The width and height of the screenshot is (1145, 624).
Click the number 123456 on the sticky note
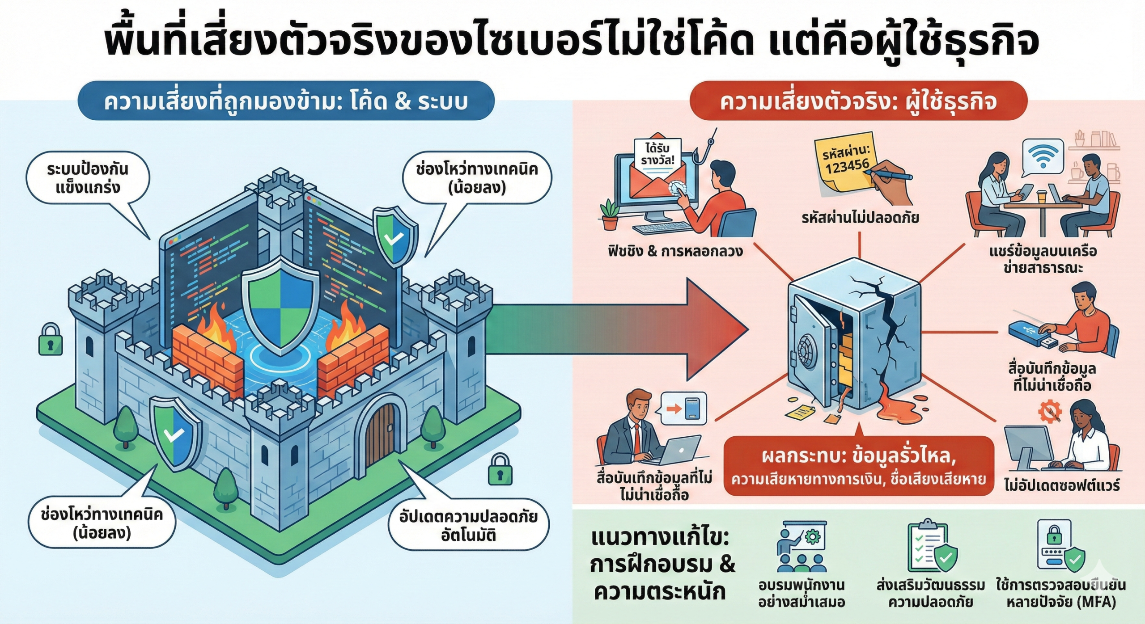pos(847,167)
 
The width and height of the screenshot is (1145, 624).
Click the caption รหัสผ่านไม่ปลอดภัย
pos(860,218)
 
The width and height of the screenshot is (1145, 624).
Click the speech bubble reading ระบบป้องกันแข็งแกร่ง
pos(88,178)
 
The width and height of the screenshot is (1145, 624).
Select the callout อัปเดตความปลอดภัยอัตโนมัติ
pos(468,526)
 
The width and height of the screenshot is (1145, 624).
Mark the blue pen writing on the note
pos(890,174)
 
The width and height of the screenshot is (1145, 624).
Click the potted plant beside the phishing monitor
pos(610,215)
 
